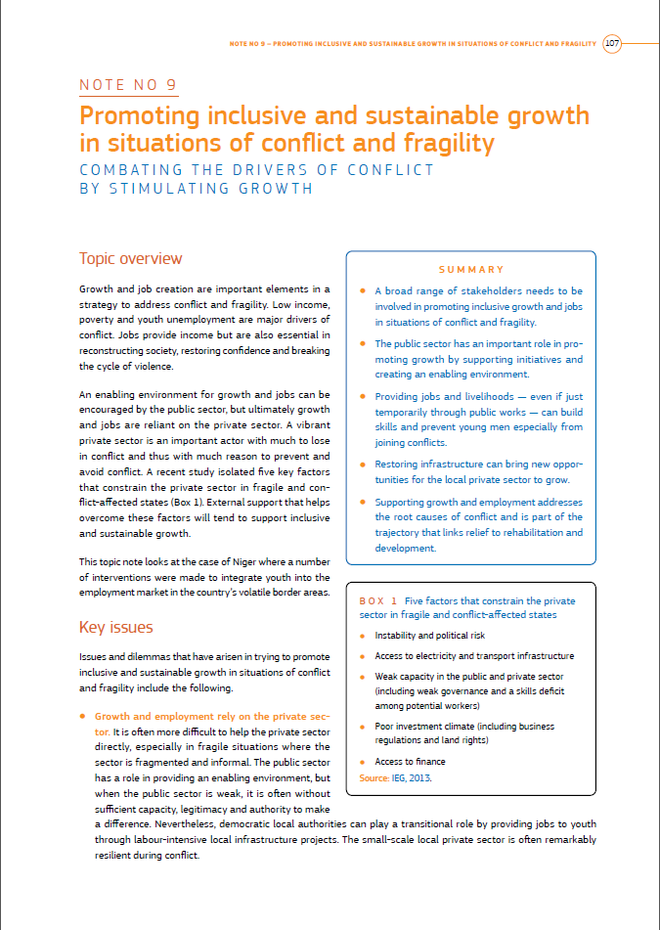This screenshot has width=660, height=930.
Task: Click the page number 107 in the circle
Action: coord(612,43)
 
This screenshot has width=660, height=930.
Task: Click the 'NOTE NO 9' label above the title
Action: coord(127,85)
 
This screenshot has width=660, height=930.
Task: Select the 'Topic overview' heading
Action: coord(130,259)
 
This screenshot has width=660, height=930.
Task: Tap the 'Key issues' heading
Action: coord(115,627)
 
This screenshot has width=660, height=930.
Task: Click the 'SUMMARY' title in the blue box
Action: coord(471,269)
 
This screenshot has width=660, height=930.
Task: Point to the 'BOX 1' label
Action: coord(378,600)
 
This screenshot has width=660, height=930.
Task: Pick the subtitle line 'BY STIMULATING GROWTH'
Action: coord(196,189)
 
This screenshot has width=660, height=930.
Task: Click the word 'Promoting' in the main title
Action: coord(139,116)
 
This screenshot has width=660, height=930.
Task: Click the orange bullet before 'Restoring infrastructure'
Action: coord(363,465)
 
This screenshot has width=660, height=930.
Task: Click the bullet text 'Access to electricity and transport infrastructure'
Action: coord(474,656)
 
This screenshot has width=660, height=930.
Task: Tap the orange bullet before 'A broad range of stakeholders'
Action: coord(363,291)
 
